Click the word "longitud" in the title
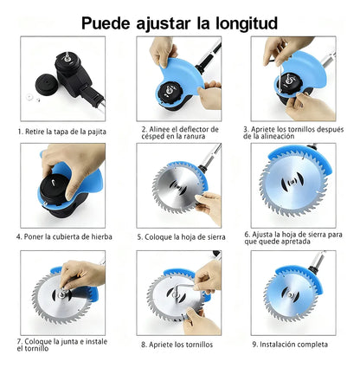tap(247, 23)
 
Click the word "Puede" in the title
tap(106, 23)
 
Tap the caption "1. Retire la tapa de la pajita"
tap(62, 132)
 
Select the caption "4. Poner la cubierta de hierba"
tap(64, 236)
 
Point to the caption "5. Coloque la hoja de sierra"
tap(181, 237)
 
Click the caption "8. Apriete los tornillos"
tap(177, 345)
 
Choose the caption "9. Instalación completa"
tap(290, 345)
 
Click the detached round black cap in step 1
tap(47, 84)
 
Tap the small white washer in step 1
tap(29, 97)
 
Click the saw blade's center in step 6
tap(293, 182)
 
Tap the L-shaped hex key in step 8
tap(182, 288)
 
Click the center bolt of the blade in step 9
tap(290, 294)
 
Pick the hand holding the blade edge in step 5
tap(208, 207)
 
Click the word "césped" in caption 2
tap(153, 137)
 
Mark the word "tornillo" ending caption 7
tap(33, 348)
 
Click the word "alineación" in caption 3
tap(279, 136)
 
